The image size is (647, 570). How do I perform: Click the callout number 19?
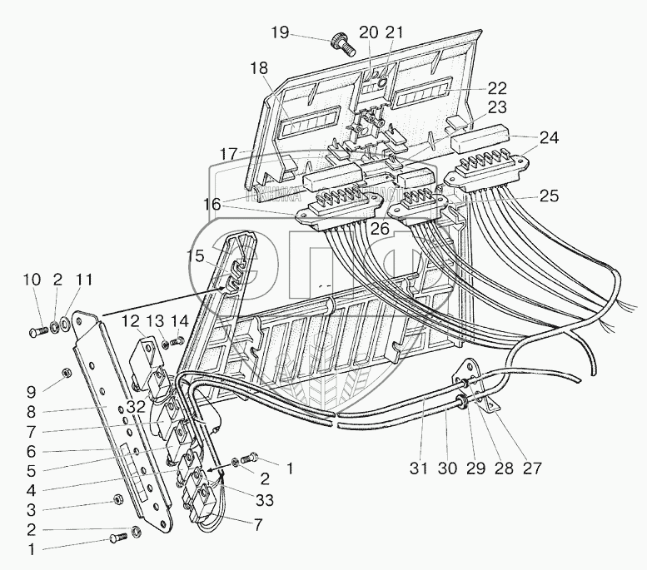280,33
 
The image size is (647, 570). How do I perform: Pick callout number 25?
549,196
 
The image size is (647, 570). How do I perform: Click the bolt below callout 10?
34,332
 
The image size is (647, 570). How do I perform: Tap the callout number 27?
530,468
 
